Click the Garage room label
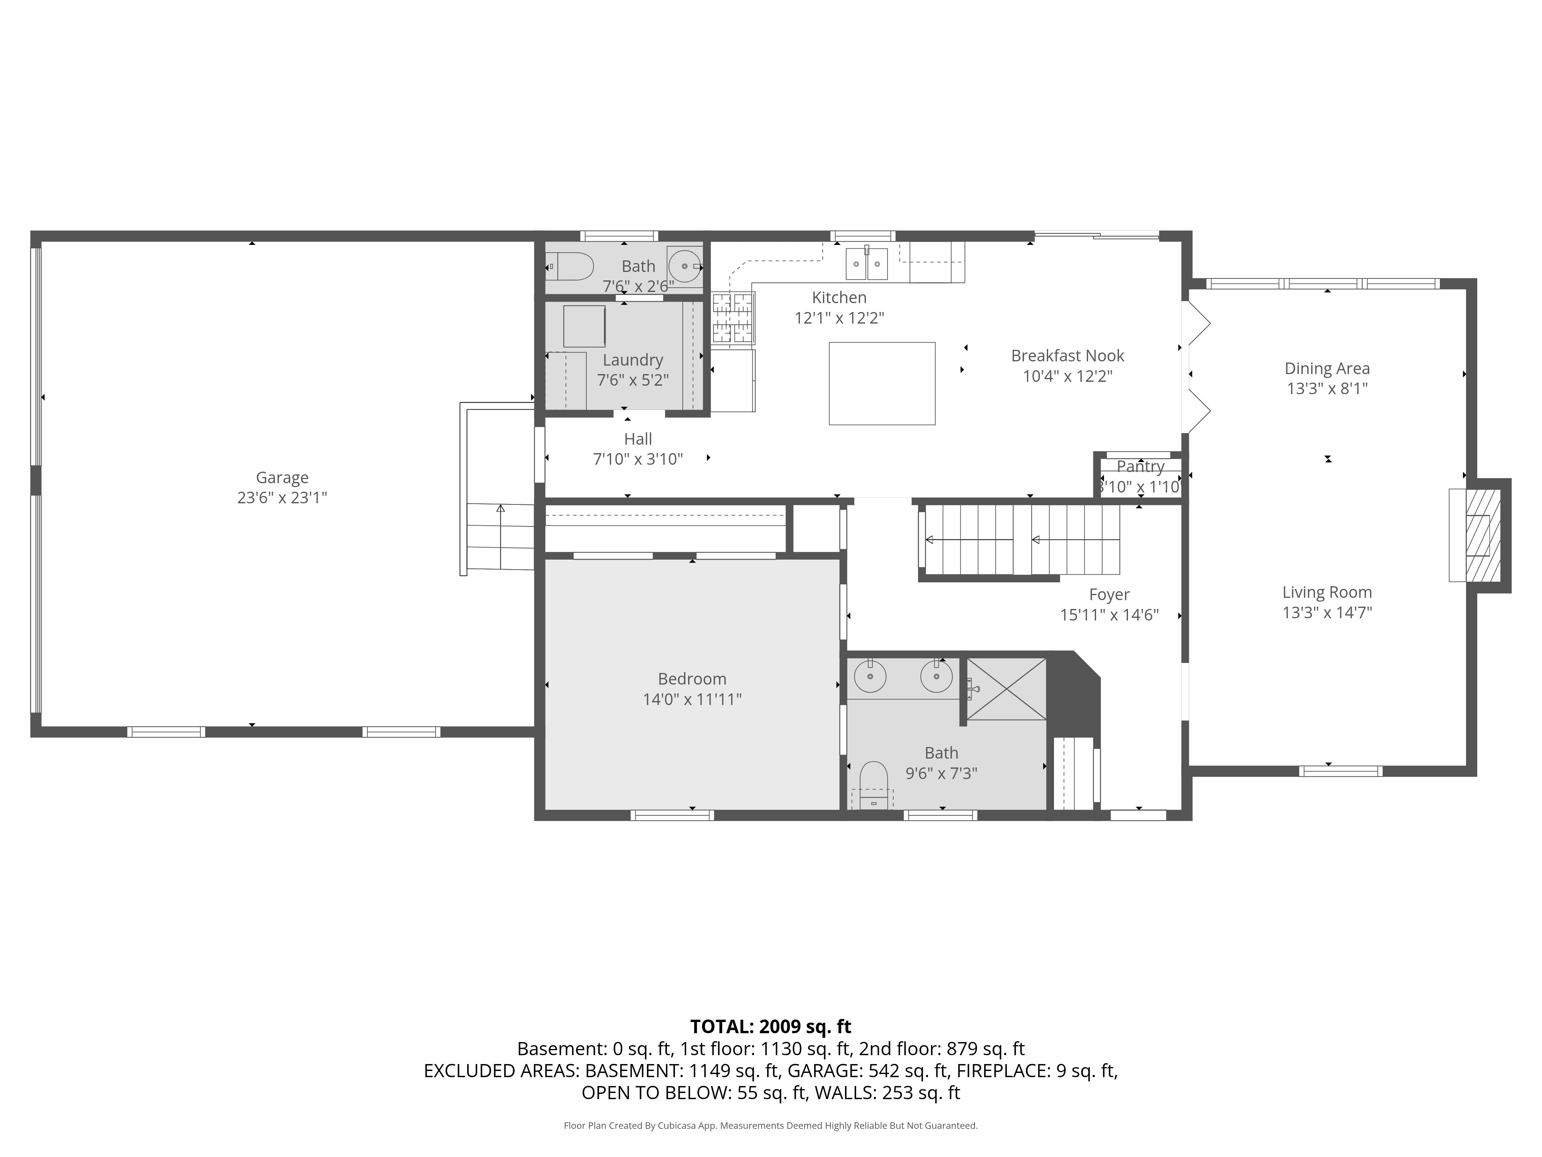[282, 478]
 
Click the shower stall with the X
[1006, 688]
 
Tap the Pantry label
[1140, 467]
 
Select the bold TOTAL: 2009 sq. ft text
[770, 1027]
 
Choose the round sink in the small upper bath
[685, 266]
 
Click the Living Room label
[1327, 592]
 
